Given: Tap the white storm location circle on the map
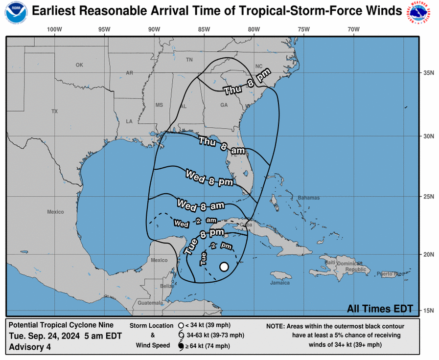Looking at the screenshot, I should [224, 267].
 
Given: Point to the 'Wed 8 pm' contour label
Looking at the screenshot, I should [209, 178].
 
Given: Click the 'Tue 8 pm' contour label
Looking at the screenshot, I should [203, 240].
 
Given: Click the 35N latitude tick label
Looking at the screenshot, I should [429, 73].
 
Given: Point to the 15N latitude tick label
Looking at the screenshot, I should [429, 311].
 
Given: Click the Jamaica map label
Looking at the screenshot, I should [280, 283].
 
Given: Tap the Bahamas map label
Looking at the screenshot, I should [308, 198].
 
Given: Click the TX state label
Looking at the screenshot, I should [54, 112].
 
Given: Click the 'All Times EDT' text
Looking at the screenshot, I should [380, 309].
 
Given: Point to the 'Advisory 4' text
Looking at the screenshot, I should [30, 347].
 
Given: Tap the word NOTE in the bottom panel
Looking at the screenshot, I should [276, 326].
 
